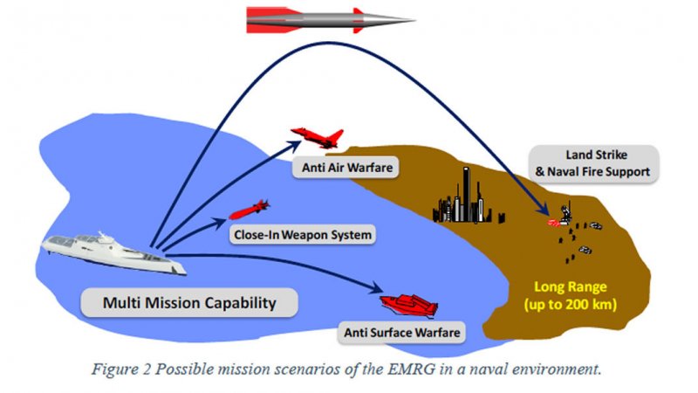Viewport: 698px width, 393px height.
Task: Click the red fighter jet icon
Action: tap(318, 136)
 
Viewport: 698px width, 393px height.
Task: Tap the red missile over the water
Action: tap(249, 210)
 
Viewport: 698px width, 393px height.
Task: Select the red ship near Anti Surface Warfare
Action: tap(408, 303)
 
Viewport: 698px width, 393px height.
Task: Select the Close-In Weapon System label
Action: tap(303, 234)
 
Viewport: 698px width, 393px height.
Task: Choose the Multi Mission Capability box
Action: tap(189, 303)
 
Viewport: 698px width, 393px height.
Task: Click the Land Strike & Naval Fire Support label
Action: tap(593, 163)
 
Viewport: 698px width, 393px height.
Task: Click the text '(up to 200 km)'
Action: tap(571, 305)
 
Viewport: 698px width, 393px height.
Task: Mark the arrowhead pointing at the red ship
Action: tap(380, 289)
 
